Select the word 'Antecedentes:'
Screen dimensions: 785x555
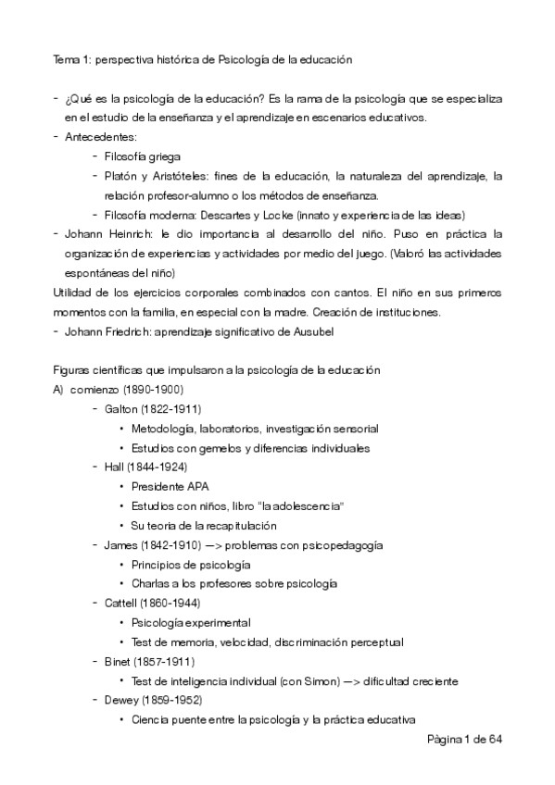(100, 137)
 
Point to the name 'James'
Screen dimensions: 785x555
(122, 545)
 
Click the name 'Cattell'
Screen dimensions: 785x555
(124, 604)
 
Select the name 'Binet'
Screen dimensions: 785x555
(120, 662)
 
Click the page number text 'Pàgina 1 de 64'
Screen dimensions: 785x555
(464, 741)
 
